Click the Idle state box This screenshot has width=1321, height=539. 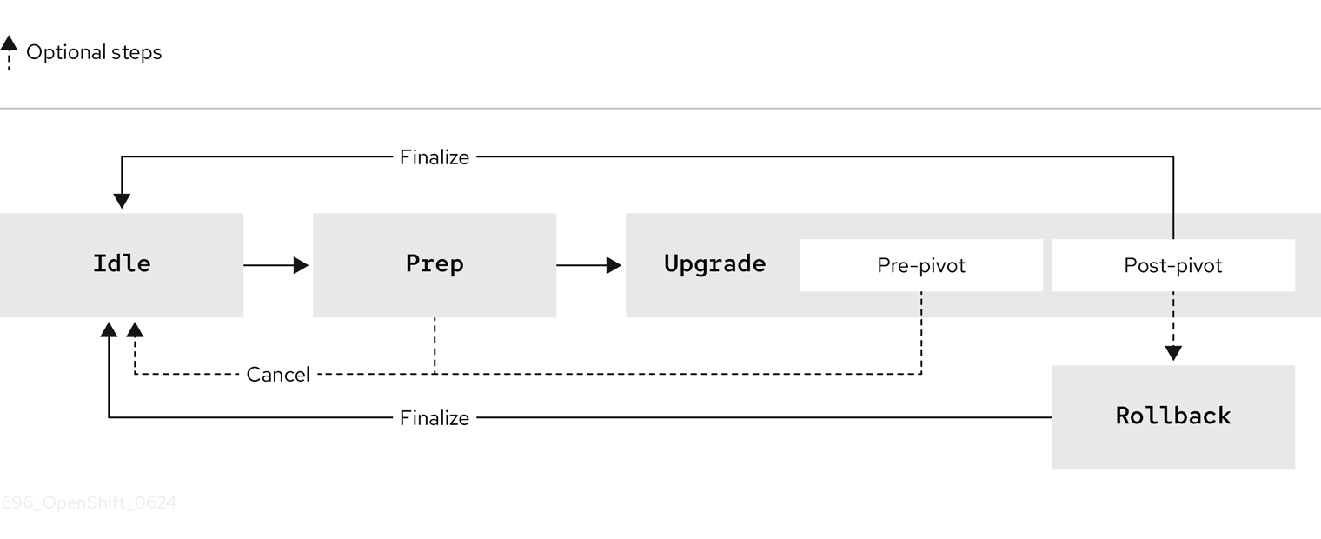tap(122, 264)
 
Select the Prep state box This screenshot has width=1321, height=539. tap(435, 264)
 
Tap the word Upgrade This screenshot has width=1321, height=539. tap(714, 264)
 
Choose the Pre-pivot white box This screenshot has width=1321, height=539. tap(920, 265)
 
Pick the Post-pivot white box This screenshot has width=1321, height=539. tap(1172, 265)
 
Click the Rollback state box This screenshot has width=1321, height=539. tap(1172, 416)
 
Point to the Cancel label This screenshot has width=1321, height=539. tap(278, 375)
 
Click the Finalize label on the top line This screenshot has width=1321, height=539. tap(434, 157)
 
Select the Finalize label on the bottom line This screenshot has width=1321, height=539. tap(434, 418)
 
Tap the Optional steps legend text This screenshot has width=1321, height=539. tap(94, 52)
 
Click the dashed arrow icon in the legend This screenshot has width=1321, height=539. tap(9, 51)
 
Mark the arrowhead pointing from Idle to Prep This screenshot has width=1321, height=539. tap(301, 265)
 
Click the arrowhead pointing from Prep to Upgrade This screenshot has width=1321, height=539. tap(614, 265)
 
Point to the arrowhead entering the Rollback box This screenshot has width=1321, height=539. tap(1173, 353)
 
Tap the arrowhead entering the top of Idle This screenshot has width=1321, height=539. tap(122, 201)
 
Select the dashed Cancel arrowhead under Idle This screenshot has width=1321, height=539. tap(135, 329)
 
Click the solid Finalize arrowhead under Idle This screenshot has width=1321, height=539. tap(109, 329)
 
